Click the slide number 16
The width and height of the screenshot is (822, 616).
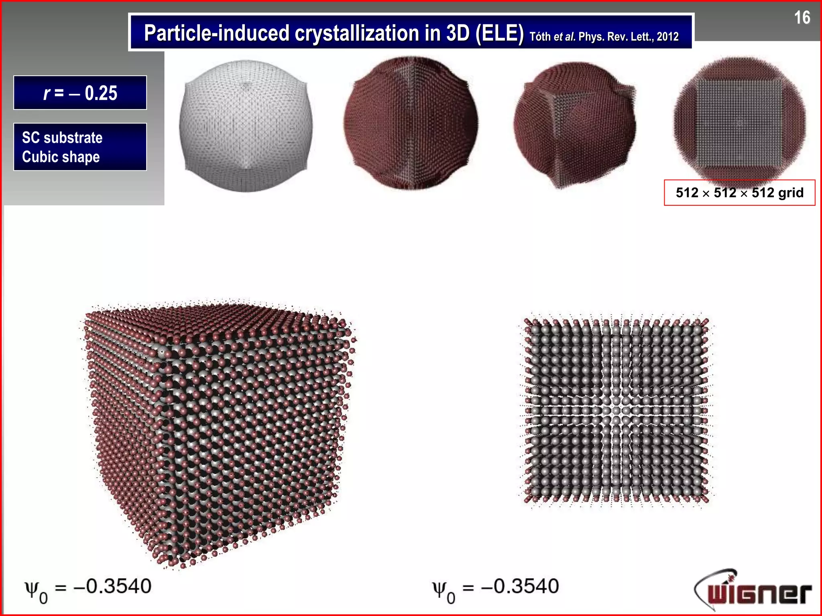(802, 18)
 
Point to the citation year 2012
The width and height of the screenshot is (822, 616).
(667, 37)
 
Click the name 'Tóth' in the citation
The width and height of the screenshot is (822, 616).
(540, 37)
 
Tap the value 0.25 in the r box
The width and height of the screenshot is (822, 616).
(101, 93)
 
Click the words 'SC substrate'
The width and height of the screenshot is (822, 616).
(62, 138)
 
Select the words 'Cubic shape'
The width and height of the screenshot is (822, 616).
(61, 157)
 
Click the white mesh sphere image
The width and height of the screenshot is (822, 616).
(246, 126)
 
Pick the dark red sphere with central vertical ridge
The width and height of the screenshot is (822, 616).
(411, 124)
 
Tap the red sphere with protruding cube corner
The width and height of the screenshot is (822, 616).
(574, 124)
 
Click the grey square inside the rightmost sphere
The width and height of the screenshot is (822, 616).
(739, 123)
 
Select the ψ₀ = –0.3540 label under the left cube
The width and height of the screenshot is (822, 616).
(88, 588)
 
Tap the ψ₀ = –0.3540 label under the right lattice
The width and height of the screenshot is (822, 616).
(495, 588)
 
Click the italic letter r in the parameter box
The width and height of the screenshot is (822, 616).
(47, 93)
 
